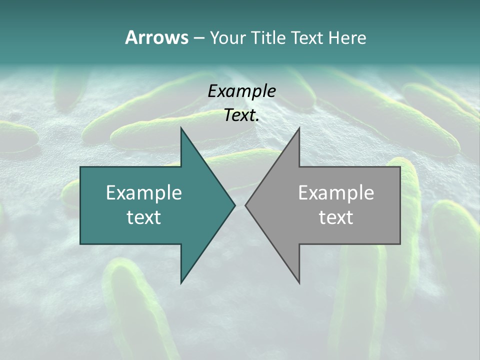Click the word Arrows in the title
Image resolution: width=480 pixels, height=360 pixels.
(x=156, y=37)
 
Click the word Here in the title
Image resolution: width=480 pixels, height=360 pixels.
(x=347, y=37)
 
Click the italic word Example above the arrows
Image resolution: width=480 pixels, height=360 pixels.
(x=241, y=91)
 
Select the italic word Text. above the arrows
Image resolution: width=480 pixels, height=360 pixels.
(x=241, y=115)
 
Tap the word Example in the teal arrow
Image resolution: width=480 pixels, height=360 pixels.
(x=144, y=193)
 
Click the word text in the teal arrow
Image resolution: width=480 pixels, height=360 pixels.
(x=144, y=217)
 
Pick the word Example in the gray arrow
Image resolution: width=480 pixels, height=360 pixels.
(x=336, y=193)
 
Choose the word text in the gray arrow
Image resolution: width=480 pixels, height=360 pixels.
(x=336, y=217)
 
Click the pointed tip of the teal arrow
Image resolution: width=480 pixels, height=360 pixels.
(x=234, y=205)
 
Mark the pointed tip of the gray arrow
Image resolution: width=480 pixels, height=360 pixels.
(x=246, y=205)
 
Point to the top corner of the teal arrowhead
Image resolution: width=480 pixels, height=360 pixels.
(x=181, y=128)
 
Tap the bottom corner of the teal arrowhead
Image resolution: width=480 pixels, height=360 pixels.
(x=181, y=282)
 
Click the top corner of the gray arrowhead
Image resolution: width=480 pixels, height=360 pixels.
(x=299, y=128)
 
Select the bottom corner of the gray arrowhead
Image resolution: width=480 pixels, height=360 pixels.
(x=299, y=282)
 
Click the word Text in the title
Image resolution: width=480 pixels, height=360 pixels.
(x=306, y=37)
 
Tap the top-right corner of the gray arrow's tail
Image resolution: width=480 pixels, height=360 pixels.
(x=399, y=167)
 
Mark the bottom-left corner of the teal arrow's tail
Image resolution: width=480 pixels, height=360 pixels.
(x=81, y=243)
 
